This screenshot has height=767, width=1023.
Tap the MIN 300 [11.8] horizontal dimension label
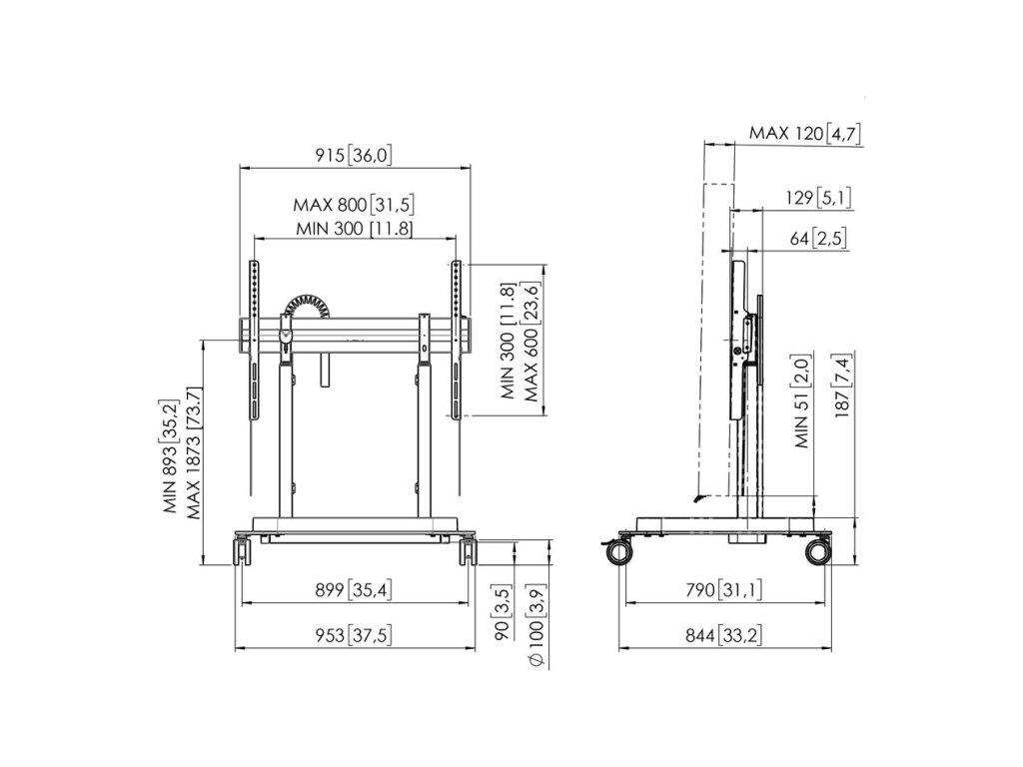[x=355, y=229]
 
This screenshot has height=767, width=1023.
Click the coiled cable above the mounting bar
[x=308, y=308]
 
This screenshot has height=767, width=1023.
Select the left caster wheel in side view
[x=619, y=551]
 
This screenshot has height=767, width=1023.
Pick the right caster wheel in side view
[x=818, y=551]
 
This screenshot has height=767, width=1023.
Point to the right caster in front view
[x=469, y=550]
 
